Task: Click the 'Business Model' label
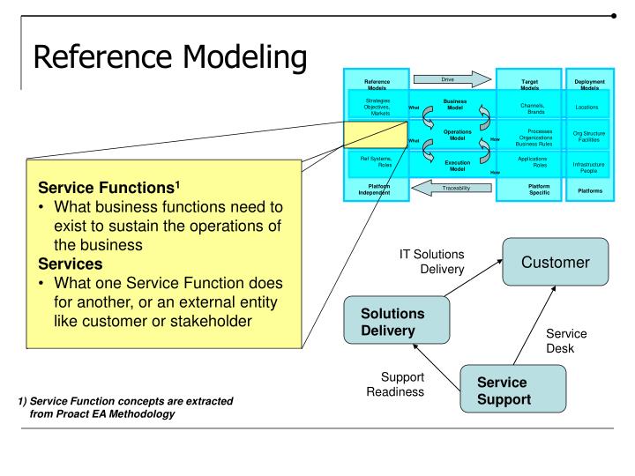[x=454, y=104]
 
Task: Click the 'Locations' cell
[x=594, y=108]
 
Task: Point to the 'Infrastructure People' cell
[x=594, y=167]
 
